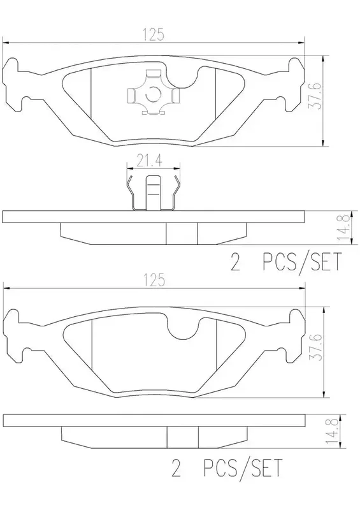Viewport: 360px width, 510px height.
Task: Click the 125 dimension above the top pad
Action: (x=154, y=35)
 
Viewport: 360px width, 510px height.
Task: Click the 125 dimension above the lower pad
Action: (x=154, y=280)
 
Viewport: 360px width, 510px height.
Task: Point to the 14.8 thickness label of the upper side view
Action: (x=345, y=228)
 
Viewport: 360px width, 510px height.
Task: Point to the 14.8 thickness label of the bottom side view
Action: (x=332, y=431)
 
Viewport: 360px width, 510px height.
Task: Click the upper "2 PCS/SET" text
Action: (x=286, y=262)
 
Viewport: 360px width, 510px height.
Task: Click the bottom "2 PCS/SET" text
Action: (x=227, y=468)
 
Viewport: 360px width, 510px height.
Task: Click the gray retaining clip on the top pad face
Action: (x=153, y=92)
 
